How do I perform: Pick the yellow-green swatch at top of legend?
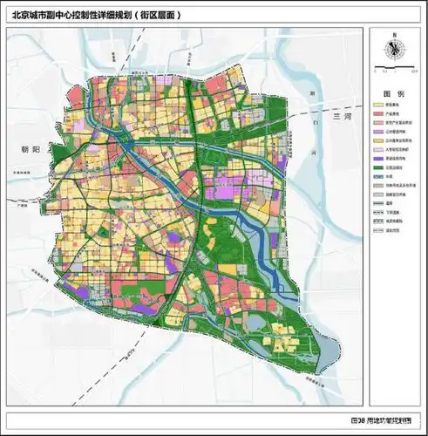tap(377, 104)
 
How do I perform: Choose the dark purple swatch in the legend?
tap(377, 158)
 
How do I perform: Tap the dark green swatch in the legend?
tap(377, 167)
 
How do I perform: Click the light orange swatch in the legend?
tap(377, 140)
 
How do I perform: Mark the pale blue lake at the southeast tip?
tap(324, 358)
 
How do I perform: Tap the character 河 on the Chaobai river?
tap(311, 150)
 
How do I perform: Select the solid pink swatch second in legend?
tap(377, 112)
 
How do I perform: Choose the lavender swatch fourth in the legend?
tap(377, 131)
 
